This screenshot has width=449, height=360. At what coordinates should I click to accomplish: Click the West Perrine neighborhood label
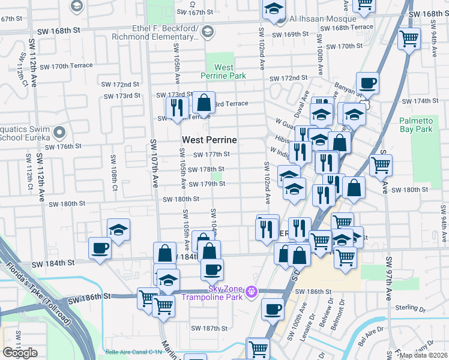[x=209, y=140]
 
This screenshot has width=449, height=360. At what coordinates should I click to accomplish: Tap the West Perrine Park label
[x=223, y=72]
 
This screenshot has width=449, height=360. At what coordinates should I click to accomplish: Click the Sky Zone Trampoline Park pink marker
[x=251, y=292]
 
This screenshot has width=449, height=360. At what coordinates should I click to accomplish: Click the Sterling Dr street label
[x=411, y=307]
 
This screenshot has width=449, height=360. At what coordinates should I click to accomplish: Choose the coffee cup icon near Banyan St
[x=367, y=83]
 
